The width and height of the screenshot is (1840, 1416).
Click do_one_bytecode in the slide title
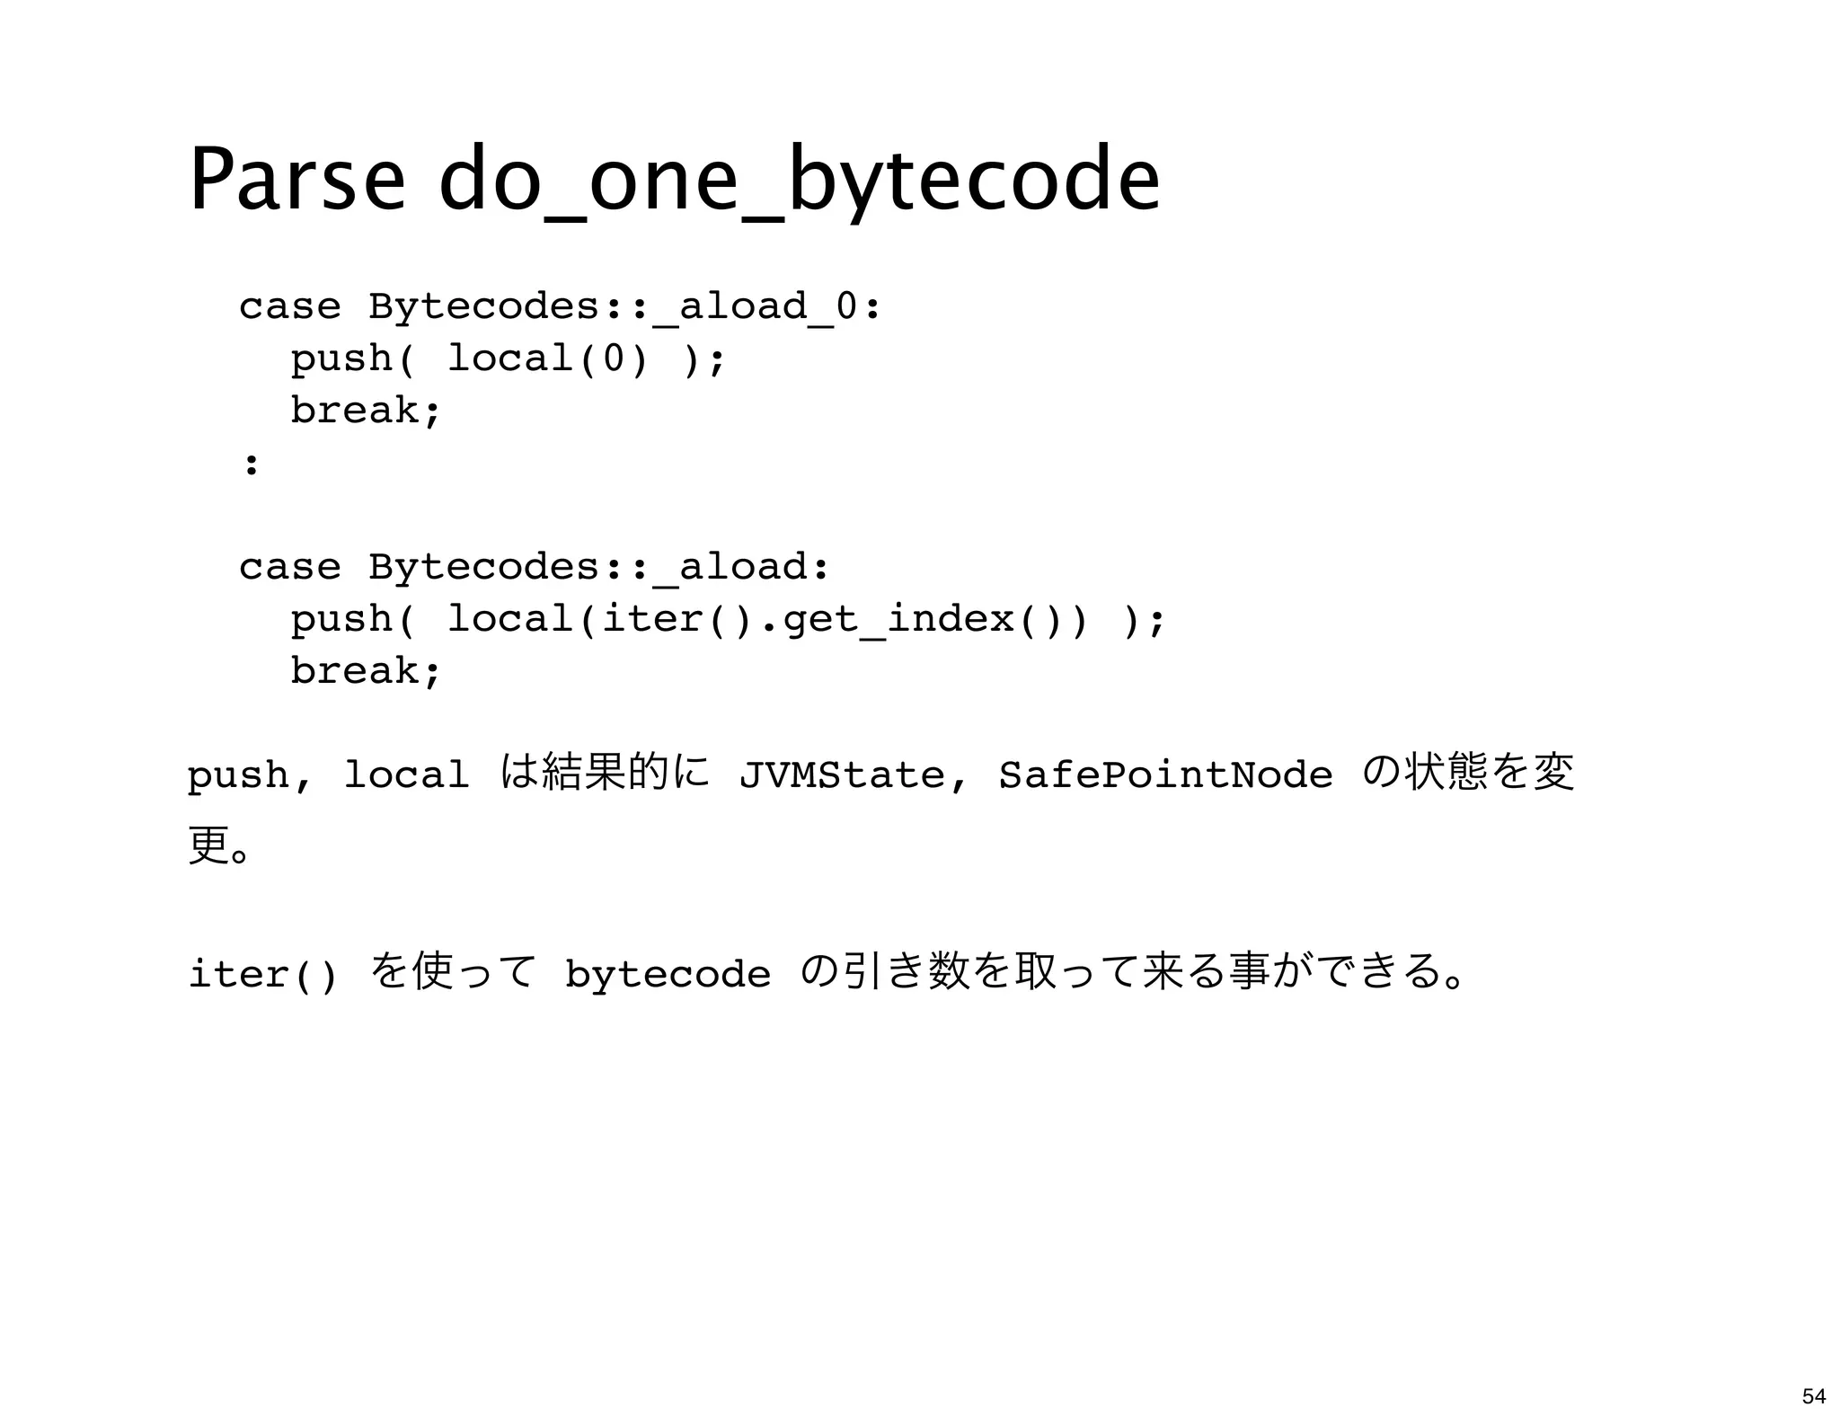click(x=800, y=180)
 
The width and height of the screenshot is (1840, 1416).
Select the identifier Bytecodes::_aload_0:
click(x=624, y=307)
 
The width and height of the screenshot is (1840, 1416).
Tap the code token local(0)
click(x=547, y=359)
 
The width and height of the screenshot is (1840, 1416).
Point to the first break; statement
click(x=366, y=412)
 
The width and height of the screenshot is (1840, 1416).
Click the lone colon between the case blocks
click(x=252, y=465)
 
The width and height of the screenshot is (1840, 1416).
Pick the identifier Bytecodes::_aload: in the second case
click(x=599, y=567)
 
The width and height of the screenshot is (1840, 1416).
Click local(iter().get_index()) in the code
click(x=767, y=619)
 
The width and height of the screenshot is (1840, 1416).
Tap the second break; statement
click(x=366, y=671)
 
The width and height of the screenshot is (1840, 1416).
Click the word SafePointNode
click(x=1165, y=774)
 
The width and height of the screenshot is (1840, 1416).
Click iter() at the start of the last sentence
click(x=263, y=975)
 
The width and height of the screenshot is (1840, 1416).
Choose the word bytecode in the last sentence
click(x=668, y=975)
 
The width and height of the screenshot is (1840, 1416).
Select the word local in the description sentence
click(x=406, y=774)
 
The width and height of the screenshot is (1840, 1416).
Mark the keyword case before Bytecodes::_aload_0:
click(x=289, y=307)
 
